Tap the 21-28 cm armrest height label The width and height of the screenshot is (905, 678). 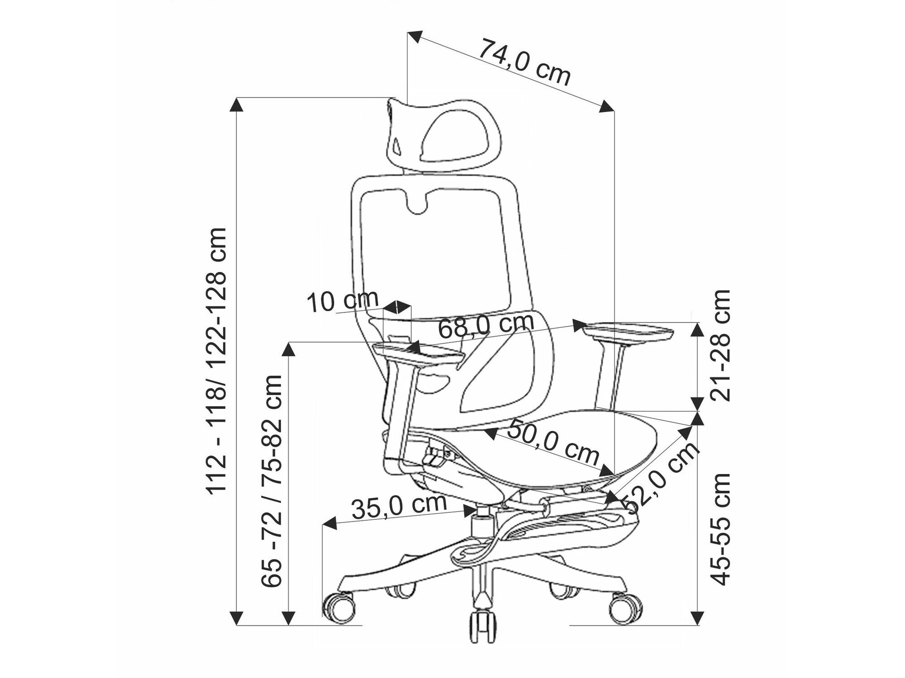point(719,345)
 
